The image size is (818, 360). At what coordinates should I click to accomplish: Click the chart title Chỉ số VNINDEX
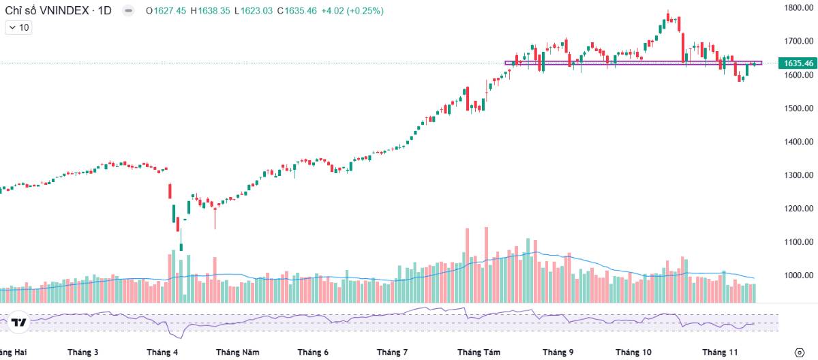pyautogui.click(x=47, y=11)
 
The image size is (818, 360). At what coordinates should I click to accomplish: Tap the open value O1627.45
pyautogui.click(x=166, y=11)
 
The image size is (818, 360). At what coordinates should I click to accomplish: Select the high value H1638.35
pyautogui.click(x=211, y=11)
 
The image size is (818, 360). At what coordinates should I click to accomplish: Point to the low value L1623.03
pyautogui.click(x=254, y=11)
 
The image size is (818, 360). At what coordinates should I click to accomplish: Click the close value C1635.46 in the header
pyautogui.click(x=297, y=11)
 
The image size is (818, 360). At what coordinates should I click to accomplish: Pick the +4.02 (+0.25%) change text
pyautogui.click(x=352, y=11)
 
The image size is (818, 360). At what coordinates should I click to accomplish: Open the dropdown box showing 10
pyautogui.click(x=18, y=28)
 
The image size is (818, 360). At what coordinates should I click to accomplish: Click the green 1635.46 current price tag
pyautogui.click(x=798, y=63)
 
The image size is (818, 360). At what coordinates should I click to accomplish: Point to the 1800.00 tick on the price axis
pyautogui.click(x=799, y=7)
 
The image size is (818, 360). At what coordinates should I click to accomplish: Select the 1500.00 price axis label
pyautogui.click(x=799, y=108)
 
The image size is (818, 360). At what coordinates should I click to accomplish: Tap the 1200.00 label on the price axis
pyautogui.click(x=799, y=209)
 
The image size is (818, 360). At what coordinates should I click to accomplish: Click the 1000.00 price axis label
pyautogui.click(x=799, y=275)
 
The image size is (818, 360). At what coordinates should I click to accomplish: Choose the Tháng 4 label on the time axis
pyautogui.click(x=162, y=352)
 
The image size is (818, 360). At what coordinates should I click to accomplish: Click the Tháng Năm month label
pyautogui.click(x=238, y=352)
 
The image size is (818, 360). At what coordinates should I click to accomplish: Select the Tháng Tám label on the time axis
pyautogui.click(x=479, y=352)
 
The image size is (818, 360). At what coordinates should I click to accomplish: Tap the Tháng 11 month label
pyautogui.click(x=720, y=352)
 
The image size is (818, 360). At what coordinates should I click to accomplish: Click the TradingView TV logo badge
pyautogui.click(x=18, y=322)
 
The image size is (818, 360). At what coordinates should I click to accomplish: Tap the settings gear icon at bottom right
pyautogui.click(x=800, y=352)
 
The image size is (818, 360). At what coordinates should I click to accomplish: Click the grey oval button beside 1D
pyautogui.click(x=128, y=11)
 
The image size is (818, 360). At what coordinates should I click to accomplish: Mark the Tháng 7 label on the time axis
pyautogui.click(x=392, y=352)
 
